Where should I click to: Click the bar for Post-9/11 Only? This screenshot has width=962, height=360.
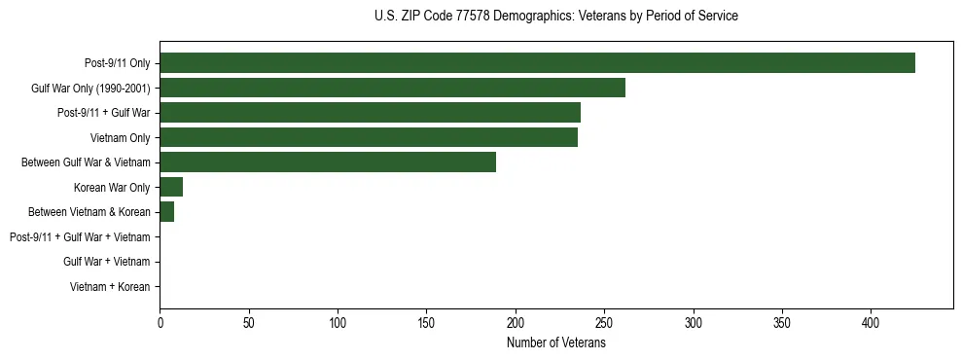click(x=537, y=63)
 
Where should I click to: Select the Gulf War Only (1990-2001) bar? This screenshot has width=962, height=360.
click(x=392, y=88)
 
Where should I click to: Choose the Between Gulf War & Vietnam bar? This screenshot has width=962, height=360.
click(x=328, y=162)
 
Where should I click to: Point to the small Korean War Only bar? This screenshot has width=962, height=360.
click(x=171, y=187)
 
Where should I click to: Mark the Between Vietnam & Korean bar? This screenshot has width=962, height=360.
click(x=166, y=212)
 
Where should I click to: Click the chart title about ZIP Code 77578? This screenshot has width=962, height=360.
click(x=555, y=17)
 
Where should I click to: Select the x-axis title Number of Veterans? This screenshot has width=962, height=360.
click(x=555, y=343)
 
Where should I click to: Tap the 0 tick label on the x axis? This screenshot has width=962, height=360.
click(x=160, y=323)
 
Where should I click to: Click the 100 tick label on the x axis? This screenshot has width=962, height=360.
click(x=338, y=323)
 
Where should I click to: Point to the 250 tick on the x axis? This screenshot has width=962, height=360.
click(x=604, y=323)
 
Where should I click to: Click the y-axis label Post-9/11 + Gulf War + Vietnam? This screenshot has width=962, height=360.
click(x=80, y=237)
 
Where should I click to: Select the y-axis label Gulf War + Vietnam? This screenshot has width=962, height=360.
click(x=107, y=262)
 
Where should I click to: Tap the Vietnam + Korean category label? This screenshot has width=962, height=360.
click(x=110, y=287)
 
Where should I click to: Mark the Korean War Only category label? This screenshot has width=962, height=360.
click(x=112, y=188)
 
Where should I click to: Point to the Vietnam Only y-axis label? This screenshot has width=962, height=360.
click(x=120, y=138)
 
